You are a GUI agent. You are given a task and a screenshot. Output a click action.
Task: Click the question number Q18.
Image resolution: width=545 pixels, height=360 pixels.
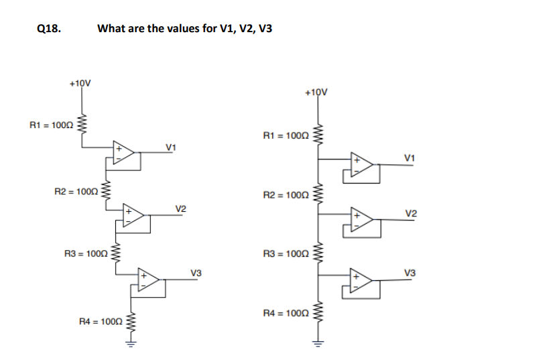coord(50,29)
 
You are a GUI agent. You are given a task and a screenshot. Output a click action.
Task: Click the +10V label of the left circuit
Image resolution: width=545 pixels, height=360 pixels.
coord(80,84)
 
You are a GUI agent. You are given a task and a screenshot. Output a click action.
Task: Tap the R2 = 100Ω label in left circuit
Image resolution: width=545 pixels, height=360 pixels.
coord(76,192)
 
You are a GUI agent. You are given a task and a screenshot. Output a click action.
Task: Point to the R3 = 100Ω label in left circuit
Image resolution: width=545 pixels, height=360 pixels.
coord(84,254)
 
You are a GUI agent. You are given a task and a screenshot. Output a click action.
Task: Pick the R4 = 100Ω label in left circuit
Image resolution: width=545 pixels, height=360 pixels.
coord(101,322)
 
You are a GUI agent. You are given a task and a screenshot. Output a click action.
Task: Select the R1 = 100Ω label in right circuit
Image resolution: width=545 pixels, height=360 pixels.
coord(286,136)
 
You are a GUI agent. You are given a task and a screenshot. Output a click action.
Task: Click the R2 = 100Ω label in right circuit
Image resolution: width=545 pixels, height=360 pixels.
coord(286,196)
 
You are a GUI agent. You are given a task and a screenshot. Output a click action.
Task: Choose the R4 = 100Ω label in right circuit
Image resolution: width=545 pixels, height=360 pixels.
coord(286,313)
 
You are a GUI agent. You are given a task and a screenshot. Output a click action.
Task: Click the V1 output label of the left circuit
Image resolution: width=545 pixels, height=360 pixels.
coord(171,146)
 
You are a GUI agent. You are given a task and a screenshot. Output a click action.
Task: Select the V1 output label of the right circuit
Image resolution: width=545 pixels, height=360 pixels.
coord(410,157)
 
